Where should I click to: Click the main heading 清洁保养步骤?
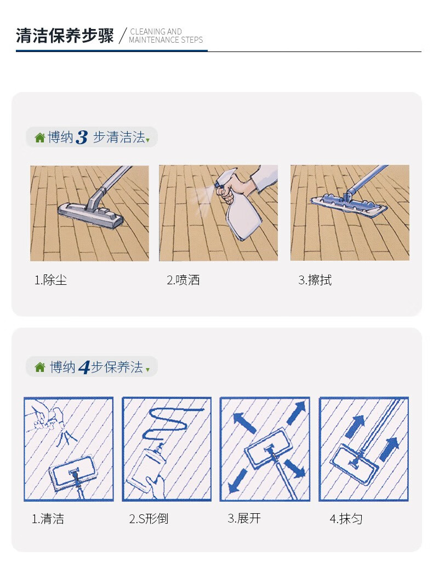(65, 36)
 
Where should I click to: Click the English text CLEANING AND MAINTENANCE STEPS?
(166, 36)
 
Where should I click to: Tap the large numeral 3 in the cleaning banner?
(82, 137)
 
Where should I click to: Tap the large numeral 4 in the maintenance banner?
(84, 367)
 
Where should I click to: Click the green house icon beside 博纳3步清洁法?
(39, 137)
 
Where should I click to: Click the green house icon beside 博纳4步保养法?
(39, 367)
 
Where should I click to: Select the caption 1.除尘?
(50, 280)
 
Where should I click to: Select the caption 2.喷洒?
(183, 280)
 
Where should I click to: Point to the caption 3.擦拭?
(315, 280)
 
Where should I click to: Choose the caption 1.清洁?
(47, 519)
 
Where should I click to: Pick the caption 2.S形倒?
(149, 519)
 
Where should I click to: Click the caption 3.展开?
(244, 518)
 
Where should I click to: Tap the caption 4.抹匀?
(346, 519)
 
